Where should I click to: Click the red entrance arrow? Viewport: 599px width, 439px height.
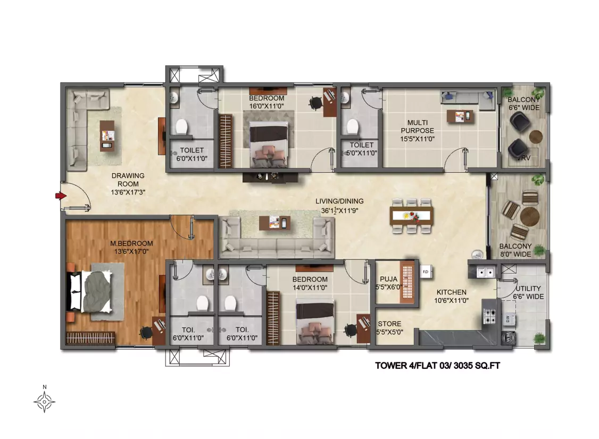point(61,196)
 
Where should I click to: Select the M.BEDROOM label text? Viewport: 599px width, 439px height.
point(131,243)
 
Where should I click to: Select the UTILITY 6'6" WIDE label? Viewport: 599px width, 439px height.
point(528,292)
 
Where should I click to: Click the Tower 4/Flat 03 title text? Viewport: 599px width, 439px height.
point(437,365)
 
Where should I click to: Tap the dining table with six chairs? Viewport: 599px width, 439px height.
point(411,216)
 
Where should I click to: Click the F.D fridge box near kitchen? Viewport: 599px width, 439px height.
point(426,272)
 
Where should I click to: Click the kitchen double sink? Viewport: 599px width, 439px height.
point(485,272)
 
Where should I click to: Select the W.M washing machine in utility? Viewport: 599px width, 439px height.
point(508,337)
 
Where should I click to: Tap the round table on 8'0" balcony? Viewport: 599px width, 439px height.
point(529,216)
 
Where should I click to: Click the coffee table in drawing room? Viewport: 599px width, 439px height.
point(107,136)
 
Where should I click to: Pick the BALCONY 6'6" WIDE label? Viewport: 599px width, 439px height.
point(524,104)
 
